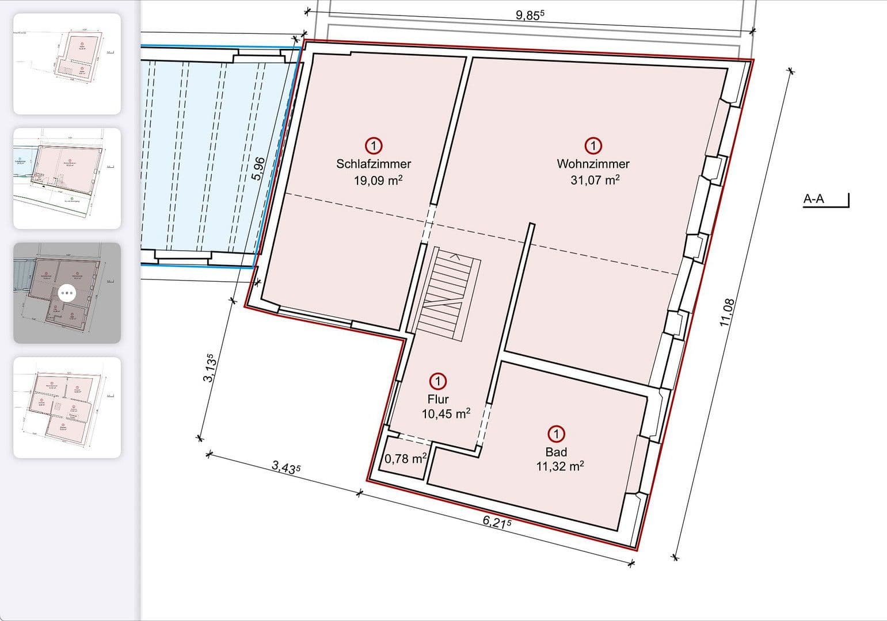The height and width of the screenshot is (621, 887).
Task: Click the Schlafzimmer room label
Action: pos(374,164)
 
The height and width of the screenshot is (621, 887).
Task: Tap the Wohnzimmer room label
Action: pos(593,164)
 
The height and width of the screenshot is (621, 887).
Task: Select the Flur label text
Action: pos(438,399)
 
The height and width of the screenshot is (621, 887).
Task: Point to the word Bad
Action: pos(556,451)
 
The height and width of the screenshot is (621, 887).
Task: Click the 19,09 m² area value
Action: pos(378,181)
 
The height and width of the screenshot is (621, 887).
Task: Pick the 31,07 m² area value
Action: pos(595,180)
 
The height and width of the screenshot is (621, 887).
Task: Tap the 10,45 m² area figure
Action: pos(446,413)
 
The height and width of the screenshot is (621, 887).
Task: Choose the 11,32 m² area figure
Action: pos(559,466)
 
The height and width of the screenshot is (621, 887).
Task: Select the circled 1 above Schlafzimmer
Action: pos(374,146)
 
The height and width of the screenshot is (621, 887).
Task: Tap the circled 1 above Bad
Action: pos(557,434)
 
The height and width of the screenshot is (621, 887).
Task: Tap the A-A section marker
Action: pos(813,200)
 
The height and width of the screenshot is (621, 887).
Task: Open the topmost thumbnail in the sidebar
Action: pos(67,64)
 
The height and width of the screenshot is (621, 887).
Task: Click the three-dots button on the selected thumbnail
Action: pos(67,293)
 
